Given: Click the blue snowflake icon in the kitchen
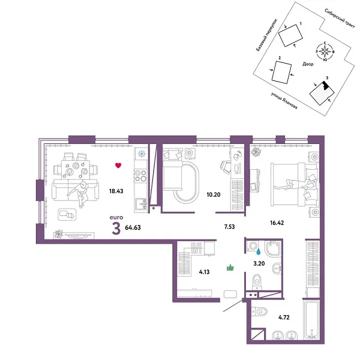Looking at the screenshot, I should click(x=142, y=154).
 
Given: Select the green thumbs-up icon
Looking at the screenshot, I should click(x=229, y=268).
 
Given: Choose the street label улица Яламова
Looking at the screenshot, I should click(x=283, y=100).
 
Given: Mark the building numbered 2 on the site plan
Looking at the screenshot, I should click(x=281, y=71).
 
